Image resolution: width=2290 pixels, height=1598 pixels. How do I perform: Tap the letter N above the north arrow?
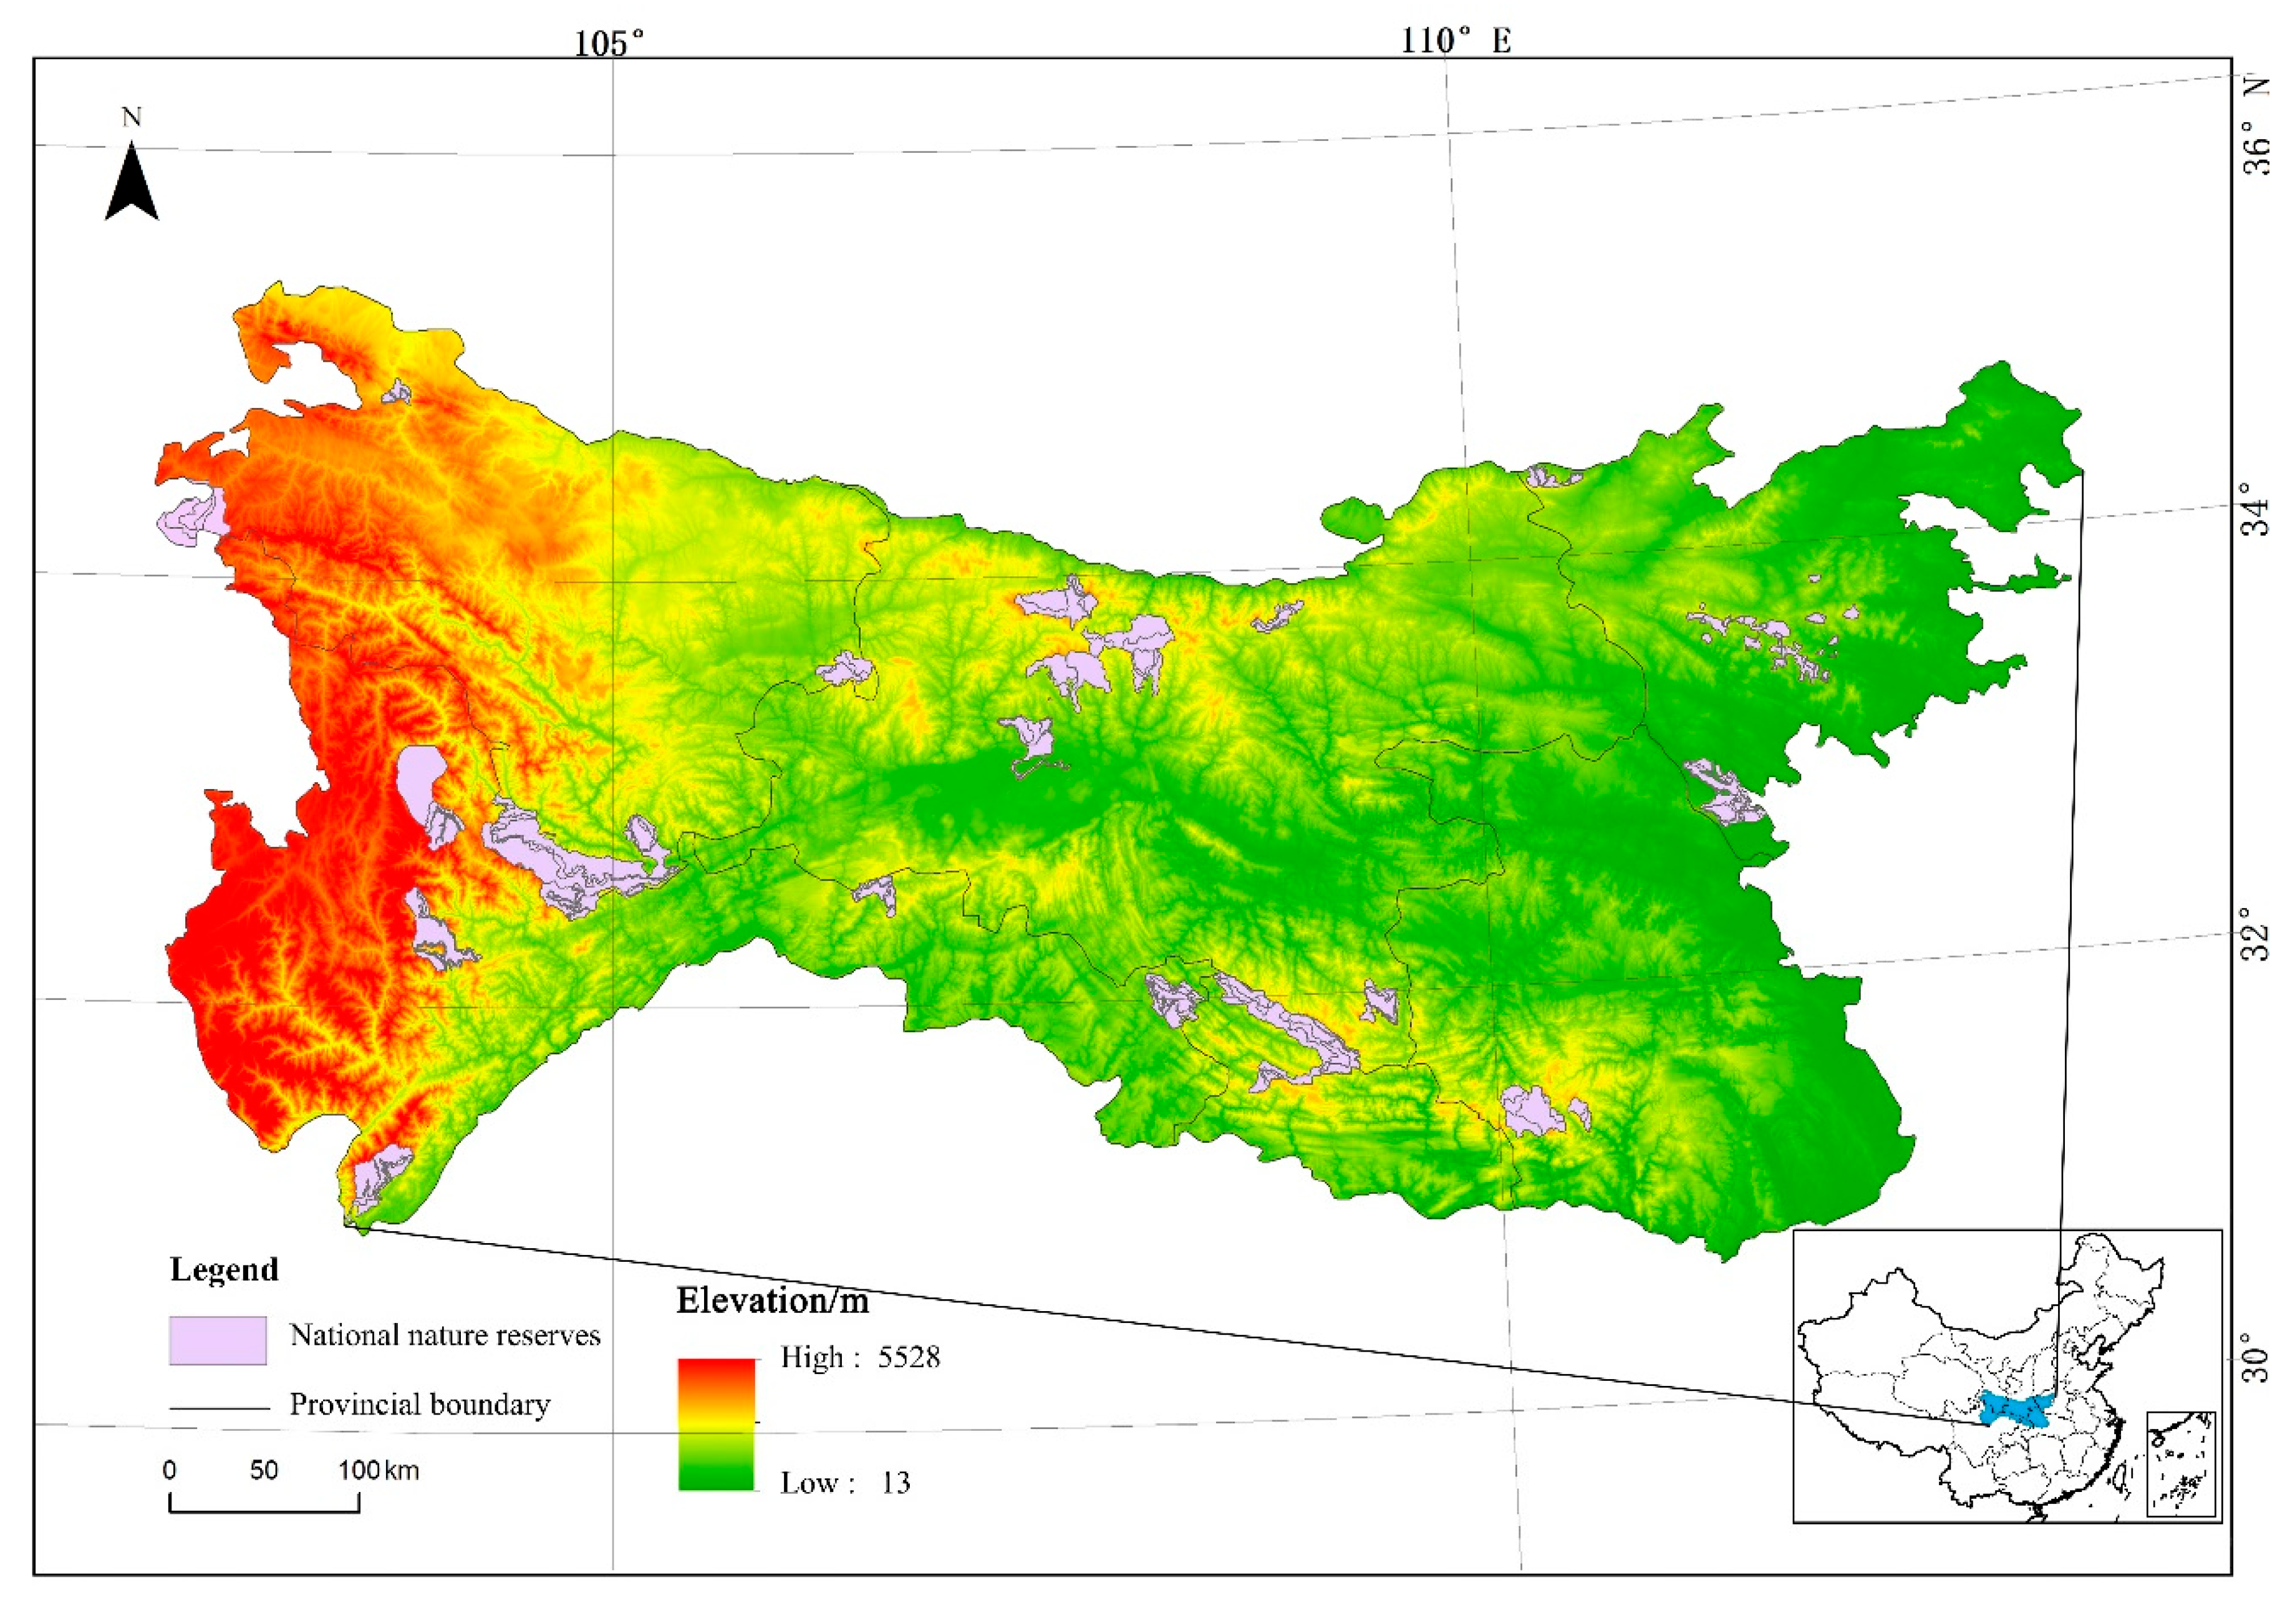(132, 118)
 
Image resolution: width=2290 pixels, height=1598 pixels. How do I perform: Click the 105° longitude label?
(609, 43)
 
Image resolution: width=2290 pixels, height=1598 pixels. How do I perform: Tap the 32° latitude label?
(2257, 932)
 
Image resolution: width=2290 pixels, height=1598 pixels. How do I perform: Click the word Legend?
(225, 1270)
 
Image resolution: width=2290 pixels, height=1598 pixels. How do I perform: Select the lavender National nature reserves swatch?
(218, 1340)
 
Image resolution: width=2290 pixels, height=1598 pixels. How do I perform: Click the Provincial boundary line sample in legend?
(220, 1408)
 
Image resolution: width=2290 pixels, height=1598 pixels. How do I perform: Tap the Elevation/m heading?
(772, 1300)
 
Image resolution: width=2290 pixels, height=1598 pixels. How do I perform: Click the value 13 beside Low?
(895, 1483)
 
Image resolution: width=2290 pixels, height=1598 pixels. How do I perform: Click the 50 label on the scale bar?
(263, 1470)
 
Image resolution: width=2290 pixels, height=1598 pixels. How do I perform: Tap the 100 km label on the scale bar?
(378, 1470)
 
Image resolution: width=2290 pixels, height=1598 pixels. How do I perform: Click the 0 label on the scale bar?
(170, 1470)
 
